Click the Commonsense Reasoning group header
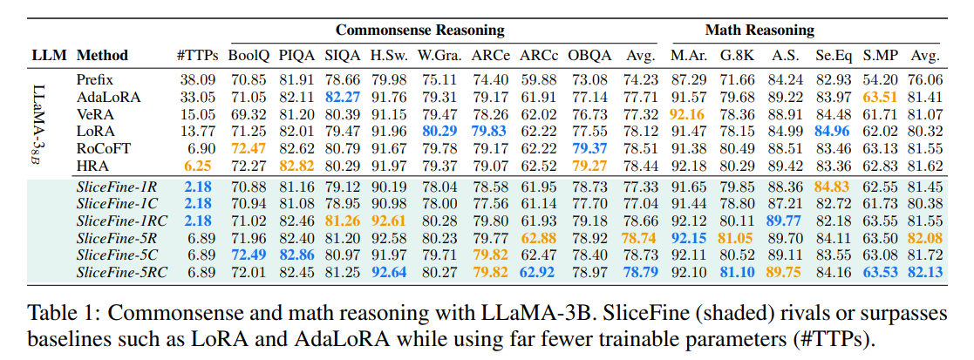click(420, 31)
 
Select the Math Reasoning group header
click(759, 31)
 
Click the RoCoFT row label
click(102, 148)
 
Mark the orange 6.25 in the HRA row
click(197, 166)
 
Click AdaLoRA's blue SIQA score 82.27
click(346, 97)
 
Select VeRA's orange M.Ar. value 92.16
click(688, 113)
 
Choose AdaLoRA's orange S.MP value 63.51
click(881, 97)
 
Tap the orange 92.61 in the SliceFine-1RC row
click(388, 221)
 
